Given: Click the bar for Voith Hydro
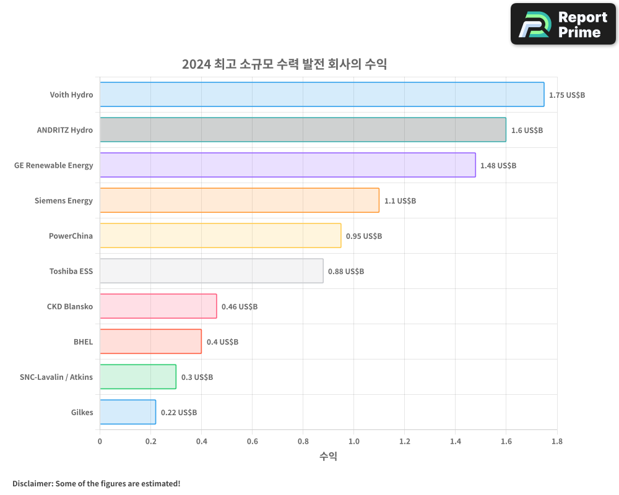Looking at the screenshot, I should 322,95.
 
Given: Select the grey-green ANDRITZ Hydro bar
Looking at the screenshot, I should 303,130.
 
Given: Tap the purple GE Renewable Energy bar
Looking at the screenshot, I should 288,165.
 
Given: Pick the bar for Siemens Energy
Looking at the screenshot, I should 240,200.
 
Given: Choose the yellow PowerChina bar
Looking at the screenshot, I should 220,236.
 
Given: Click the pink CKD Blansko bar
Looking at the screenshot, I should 158,306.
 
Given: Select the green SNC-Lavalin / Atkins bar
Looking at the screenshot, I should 138,377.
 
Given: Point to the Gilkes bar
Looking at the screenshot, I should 128,412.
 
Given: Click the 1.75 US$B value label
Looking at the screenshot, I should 567,95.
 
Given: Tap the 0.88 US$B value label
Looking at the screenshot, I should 346,272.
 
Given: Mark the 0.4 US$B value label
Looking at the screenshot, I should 222,342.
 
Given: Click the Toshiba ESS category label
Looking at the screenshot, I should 71,271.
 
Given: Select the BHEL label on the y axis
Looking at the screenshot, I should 83,342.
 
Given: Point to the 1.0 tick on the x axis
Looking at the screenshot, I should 353,441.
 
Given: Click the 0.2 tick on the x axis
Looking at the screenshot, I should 150,441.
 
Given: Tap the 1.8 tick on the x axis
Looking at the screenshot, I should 556,441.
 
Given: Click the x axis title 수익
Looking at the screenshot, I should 328,457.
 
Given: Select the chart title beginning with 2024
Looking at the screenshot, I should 284,64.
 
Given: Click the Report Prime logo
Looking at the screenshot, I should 563,24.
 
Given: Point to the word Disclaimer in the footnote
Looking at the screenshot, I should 32,483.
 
